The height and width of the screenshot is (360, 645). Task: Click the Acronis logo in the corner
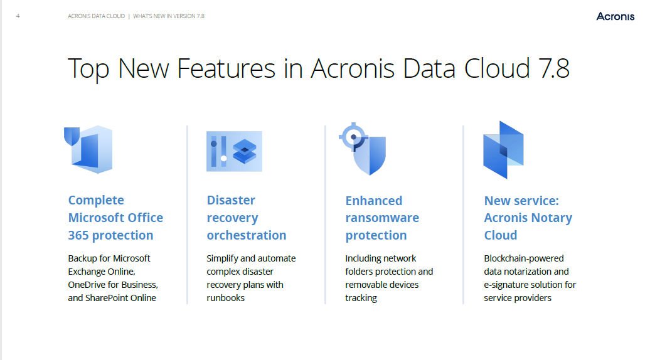pos(615,16)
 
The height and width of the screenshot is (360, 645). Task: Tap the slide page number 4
pos(18,16)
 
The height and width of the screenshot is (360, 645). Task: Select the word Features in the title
pos(226,68)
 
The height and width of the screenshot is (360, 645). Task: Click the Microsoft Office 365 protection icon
pos(88,149)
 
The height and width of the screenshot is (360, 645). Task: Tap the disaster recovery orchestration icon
pos(234,151)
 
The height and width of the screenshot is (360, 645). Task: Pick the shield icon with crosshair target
pos(363,149)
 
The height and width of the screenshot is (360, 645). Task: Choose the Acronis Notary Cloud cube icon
pos(503,150)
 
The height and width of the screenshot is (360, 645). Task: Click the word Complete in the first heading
pos(96,200)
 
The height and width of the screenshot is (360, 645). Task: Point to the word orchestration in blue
pos(247,235)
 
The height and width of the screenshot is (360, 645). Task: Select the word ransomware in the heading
pos(382,218)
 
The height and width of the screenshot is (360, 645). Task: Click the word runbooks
pos(225,297)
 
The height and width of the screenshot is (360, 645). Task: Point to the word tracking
pos(361,298)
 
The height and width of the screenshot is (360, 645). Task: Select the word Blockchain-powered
pos(524,258)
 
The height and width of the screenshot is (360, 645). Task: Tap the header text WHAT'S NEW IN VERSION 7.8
pos(169,16)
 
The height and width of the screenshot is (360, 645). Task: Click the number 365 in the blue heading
pos(78,235)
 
